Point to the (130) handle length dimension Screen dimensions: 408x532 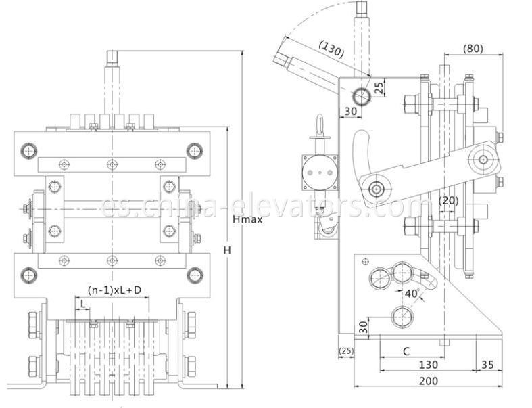click(331, 49)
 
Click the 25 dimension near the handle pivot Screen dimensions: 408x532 click(379, 87)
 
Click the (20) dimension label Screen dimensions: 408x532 click(448, 200)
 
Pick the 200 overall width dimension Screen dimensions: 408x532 click(428, 382)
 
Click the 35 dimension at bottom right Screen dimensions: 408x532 click(487, 365)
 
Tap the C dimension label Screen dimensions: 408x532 click(406, 351)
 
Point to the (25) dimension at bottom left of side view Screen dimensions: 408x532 click(345, 351)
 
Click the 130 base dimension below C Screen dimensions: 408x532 click(427, 365)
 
